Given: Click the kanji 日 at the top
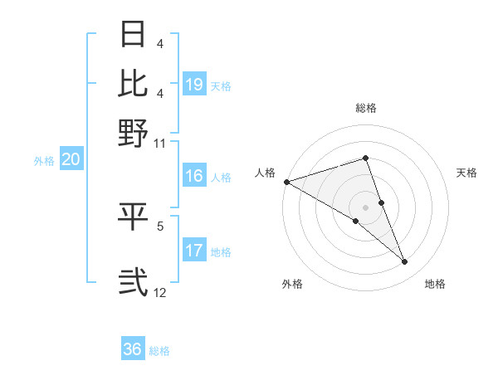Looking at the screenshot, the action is (134, 35).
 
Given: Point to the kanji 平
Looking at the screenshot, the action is (134, 216).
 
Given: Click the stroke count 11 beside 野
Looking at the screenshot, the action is (159, 143).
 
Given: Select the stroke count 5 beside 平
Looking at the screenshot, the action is (160, 224).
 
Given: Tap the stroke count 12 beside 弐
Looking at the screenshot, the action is (159, 292).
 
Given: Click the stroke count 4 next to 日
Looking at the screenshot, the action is (160, 44).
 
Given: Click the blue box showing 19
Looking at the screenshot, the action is (194, 85).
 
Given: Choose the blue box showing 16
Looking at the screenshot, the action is (194, 176).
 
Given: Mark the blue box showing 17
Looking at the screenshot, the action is (194, 251).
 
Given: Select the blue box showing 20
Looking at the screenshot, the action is (71, 160).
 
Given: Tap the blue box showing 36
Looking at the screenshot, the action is (133, 349).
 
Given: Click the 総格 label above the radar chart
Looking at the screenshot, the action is (366, 108).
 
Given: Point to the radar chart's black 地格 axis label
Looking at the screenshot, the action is (435, 285).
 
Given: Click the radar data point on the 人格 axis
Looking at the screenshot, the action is (286, 182).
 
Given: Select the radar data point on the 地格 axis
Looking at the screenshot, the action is (404, 262).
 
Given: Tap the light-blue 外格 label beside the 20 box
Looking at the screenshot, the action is (43, 161).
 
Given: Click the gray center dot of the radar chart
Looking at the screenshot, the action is (365, 207).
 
